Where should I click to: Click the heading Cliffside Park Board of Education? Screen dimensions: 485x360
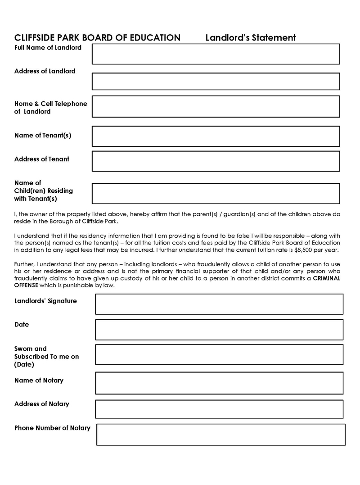tap(97, 38)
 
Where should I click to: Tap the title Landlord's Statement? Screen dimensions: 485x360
tap(251, 38)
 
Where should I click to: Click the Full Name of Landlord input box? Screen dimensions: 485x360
tap(216, 54)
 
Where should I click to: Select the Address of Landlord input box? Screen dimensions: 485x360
tap(216, 82)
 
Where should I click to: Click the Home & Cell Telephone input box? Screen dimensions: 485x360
tap(216, 106)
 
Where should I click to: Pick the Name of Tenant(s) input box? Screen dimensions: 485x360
tap(216, 136)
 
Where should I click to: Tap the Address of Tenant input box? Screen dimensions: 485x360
tap(216, 161)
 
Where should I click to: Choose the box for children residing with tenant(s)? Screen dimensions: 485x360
tap(216, 194)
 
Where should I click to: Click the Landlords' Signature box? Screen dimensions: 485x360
tap(219, 304)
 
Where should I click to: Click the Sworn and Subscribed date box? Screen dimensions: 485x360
tap(219, 354)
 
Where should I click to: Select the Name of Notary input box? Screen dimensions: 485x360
tap(219, 383)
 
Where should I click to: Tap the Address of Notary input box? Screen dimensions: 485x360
tap(219, 409)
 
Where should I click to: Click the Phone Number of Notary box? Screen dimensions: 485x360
tap(220, 435)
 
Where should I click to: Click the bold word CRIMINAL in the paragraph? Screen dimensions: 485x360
tap(326, 278)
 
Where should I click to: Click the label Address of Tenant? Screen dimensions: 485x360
tap(42, 159)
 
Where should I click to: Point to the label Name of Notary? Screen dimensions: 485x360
tap(39, 381)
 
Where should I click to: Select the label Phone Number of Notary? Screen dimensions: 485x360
tap(52, 428)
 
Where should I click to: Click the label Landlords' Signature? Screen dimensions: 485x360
tap(45, 301)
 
